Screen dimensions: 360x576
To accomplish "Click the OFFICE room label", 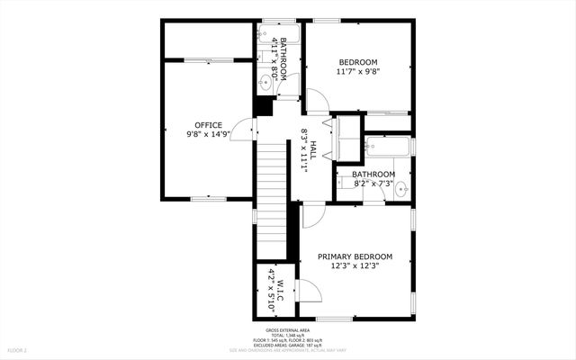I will pyautogui.click(x=209, y=124).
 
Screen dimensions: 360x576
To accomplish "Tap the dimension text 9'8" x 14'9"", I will pyautogui.click(x=209, y=134).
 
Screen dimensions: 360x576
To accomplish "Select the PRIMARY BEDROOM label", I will pyautogui.click(x=355, y=256).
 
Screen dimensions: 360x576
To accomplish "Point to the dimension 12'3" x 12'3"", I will pyautogui.click(x=355, y=265).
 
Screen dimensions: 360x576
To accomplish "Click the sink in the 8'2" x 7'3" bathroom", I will pyautogui.click(x=401, y=189).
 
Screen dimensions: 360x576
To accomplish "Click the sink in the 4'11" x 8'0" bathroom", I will pyautogui.click(x=264, y=84).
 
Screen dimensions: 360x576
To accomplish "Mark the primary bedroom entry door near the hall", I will pyautogui.click(x=311, y=214).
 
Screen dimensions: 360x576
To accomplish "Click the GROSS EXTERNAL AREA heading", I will pyautogui.click(x=287, y=328).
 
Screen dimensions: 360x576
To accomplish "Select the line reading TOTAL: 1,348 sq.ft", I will pyautogui.click(x=287, y=334).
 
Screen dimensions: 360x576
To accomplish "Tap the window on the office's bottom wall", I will pyautogui.click(x=207, y=198).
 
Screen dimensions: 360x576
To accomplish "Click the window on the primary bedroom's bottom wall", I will pyautogui.click(x=333, y=318).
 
